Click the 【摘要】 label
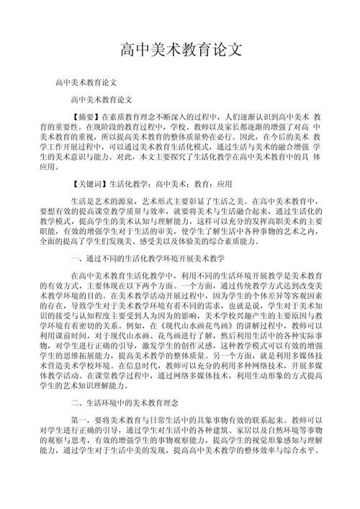click(x=87, y=117)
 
